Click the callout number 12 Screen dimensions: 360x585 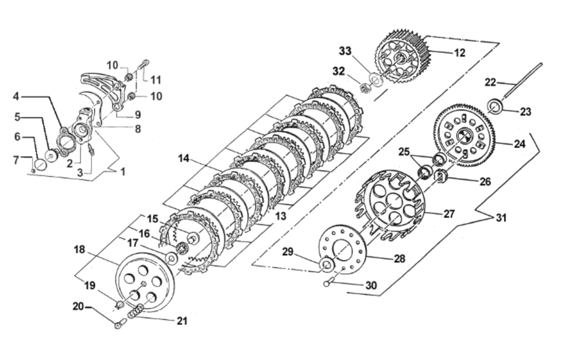[460, 53]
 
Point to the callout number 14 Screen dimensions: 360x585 [183, 159]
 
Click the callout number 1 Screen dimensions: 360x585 [122, 171]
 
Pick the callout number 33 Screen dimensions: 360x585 [345, 51]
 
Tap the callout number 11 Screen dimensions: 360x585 [156, 80]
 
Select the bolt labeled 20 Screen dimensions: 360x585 [119, 323]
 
